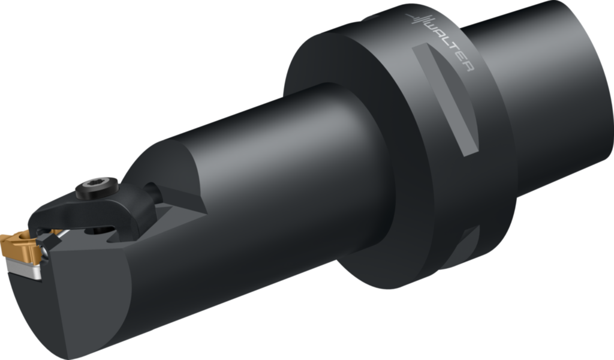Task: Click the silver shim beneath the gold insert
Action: (24, 268)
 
